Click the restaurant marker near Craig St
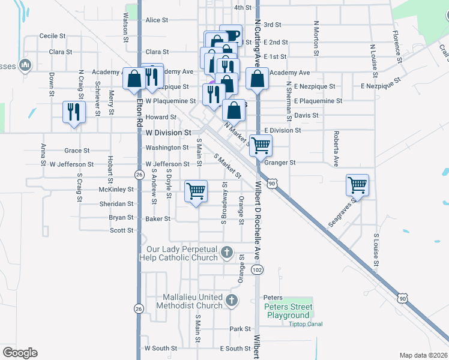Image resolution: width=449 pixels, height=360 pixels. pos(73,112)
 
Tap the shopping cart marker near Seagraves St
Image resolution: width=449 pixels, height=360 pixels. pos(357,185)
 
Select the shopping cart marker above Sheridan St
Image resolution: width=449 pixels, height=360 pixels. pos(196,191)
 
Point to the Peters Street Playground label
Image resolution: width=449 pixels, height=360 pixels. pos(288,311)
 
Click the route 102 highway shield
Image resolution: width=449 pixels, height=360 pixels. pos(258,270)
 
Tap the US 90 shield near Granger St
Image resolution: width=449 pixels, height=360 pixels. pos(273,183)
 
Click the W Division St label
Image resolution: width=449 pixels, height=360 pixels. pos(168,131)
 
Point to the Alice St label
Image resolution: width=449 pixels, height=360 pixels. pos(157,20)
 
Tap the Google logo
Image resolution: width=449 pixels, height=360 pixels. pos(20,353)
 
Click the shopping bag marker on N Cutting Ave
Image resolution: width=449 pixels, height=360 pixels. pos(257,79)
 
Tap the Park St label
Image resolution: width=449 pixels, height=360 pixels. pos(240,329)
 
